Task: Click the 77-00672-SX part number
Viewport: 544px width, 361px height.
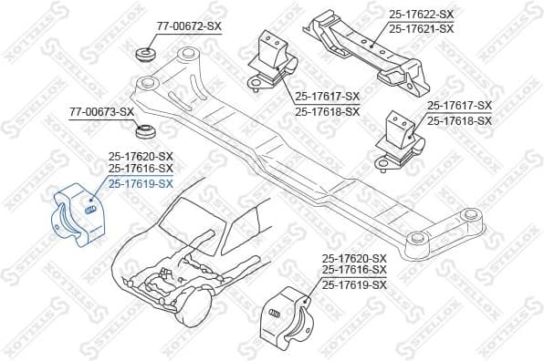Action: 189,26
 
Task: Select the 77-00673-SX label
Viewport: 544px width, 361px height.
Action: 101,112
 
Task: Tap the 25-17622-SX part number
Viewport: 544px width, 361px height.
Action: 421,15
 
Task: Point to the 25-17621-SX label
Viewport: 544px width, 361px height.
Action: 421,28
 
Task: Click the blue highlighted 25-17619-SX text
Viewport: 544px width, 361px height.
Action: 141,183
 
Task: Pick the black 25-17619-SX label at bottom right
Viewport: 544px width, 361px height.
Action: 354,285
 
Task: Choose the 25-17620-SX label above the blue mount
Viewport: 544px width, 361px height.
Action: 141,156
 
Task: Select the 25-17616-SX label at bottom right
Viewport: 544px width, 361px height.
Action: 354,272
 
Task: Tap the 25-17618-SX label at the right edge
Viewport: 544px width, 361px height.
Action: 459,120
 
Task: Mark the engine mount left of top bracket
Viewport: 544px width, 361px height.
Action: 274,61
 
